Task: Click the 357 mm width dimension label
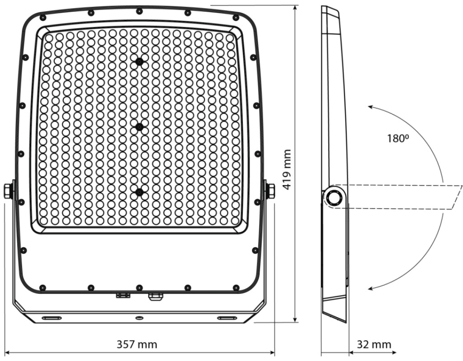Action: (137, 344)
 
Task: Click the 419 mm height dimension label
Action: (287, 170)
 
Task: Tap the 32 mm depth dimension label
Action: (374, 344)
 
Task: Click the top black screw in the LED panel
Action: (139, 61)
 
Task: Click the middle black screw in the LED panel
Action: (139, 127)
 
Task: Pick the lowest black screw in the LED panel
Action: (139, 192)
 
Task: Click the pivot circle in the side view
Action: (335, 197)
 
